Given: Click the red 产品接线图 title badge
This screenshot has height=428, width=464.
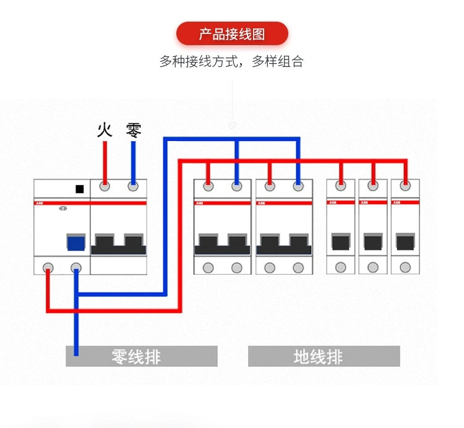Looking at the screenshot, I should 232,33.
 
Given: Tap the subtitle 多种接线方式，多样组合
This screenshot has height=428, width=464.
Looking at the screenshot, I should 232,62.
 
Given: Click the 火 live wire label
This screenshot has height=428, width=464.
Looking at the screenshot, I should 105,130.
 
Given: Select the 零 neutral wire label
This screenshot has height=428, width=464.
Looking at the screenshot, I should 134,130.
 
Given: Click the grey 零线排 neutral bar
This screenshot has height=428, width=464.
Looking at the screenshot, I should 142,356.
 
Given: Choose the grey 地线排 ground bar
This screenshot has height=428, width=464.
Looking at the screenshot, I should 324,356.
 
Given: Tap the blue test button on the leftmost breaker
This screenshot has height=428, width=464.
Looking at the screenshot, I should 76,242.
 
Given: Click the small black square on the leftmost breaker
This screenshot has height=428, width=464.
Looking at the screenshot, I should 79,189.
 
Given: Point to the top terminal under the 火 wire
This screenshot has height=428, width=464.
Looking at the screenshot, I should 105,186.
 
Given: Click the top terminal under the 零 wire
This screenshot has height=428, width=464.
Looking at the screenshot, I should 133,186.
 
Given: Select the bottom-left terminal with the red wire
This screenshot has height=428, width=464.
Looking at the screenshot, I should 48,267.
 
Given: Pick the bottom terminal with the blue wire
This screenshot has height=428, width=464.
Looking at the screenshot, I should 76,267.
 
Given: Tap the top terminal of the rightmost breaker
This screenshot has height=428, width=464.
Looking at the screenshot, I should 405,185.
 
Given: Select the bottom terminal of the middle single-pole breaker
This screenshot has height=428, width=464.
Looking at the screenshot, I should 372,267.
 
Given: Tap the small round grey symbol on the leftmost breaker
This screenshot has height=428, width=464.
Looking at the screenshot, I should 62,208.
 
